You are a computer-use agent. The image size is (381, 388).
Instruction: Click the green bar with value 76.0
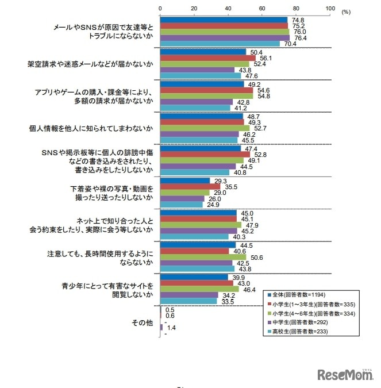tap(225, 32)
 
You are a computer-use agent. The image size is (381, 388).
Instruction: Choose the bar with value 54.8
tap(206, 96)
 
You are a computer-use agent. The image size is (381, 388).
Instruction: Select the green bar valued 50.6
tap(203, 256)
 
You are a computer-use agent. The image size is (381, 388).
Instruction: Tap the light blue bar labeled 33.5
tap(188, 301)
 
